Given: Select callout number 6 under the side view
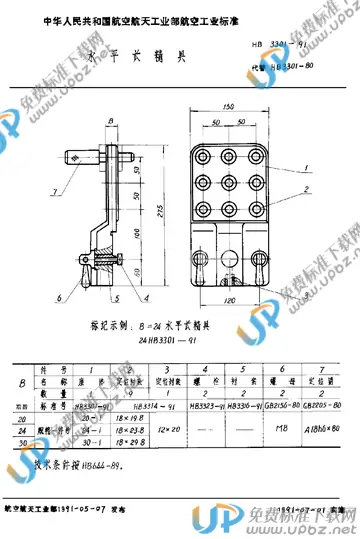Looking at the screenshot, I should coord(59,297).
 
